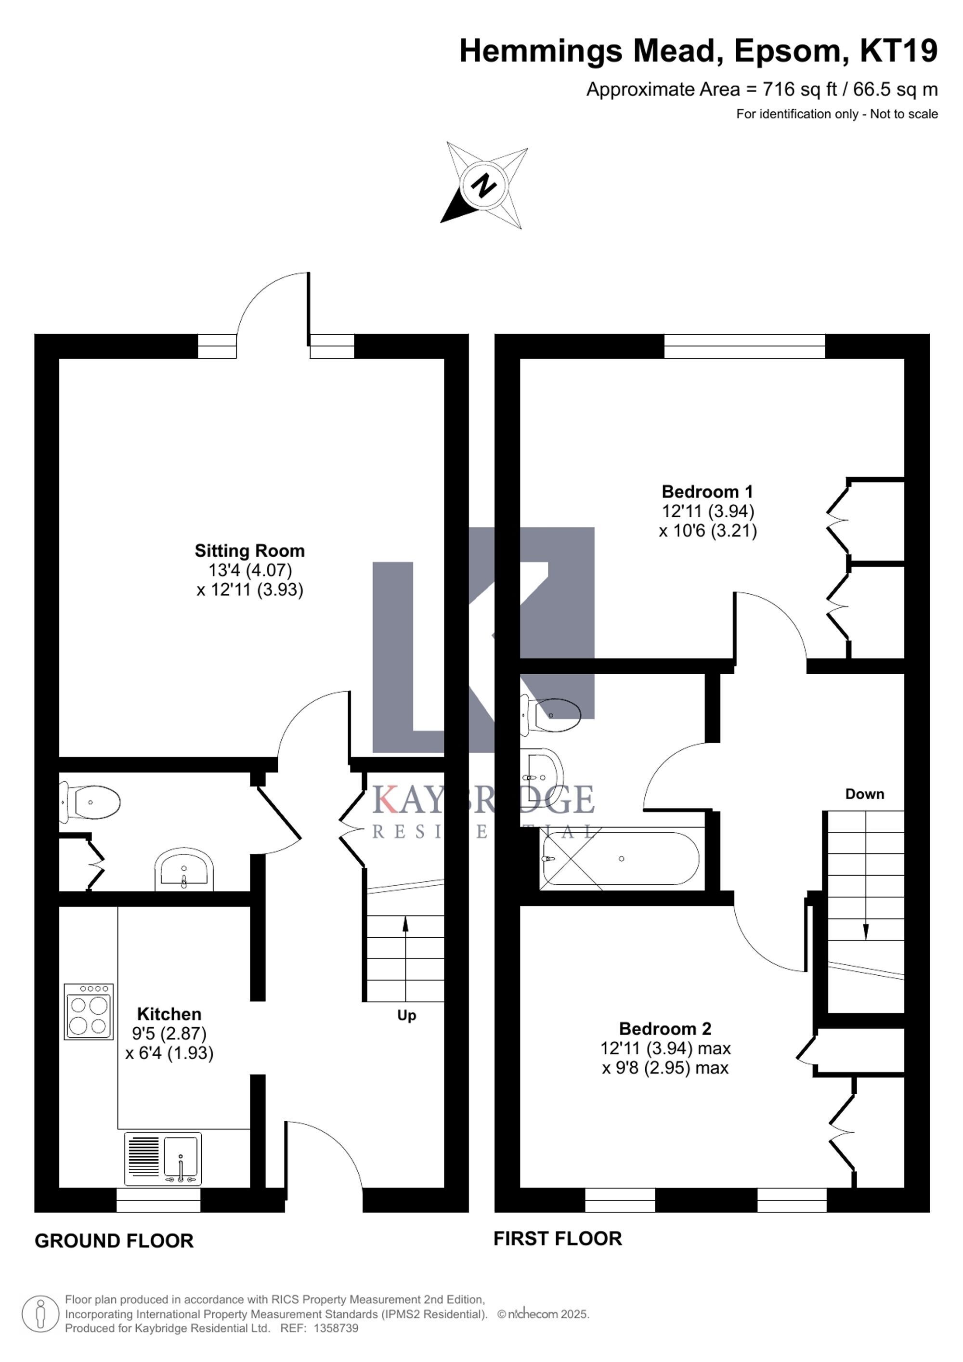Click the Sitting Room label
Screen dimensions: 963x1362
249,550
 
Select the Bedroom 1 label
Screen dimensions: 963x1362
707,492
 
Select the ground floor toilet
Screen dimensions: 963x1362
90,802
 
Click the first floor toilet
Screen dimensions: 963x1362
550,715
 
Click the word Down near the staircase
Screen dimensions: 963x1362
865,794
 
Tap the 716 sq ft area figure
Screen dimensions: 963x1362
800,90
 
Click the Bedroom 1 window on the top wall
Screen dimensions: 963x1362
744,346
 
